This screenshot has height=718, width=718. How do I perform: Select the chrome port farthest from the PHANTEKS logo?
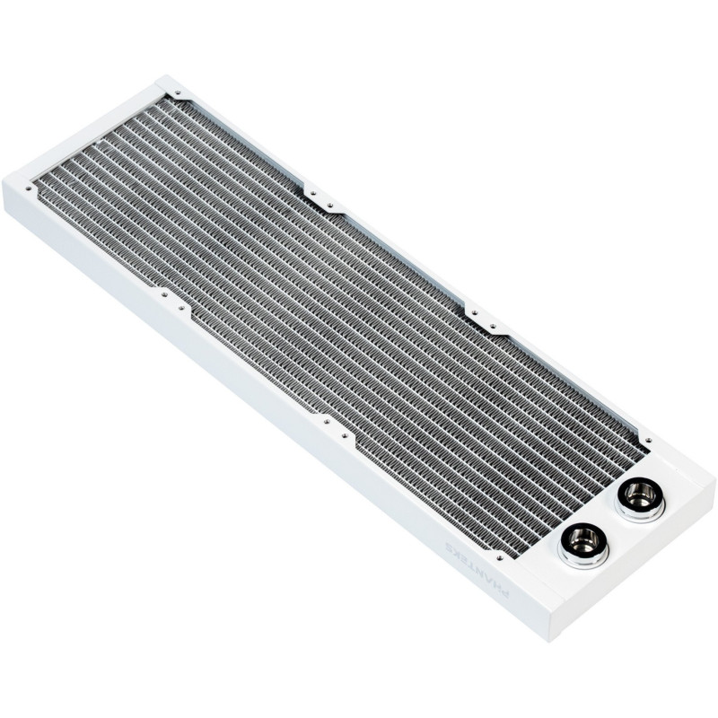click(640, 495)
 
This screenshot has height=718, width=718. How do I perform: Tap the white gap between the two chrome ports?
click(610, 521)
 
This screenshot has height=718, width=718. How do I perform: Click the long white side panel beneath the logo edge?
click(269, 413)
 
